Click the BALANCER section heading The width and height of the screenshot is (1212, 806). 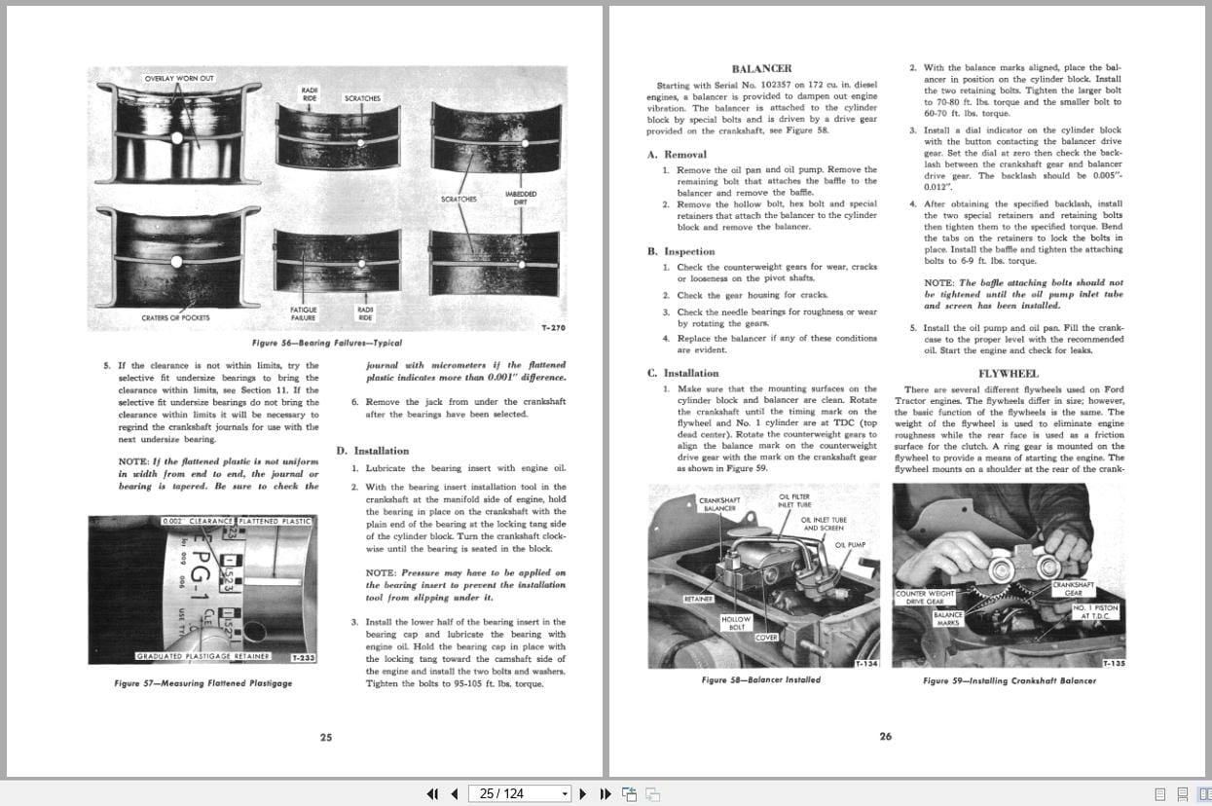coord(761,68)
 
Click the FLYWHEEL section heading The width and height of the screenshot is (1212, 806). coord(1008,373)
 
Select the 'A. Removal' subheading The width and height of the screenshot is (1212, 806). coord(677,154)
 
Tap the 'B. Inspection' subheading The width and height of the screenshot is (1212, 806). coord(681,251)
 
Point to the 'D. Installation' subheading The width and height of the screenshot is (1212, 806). coord(373,451)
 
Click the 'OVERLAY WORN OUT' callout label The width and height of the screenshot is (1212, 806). coord(179,78)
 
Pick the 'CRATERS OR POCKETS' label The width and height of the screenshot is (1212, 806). coord(175,317)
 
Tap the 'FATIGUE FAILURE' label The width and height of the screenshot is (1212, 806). coord(304,313)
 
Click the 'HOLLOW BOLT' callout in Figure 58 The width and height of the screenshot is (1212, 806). coord(736,623)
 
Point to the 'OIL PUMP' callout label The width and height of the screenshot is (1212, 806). coord(849,544)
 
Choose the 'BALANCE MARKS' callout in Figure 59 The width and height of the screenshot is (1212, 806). coord(947,618)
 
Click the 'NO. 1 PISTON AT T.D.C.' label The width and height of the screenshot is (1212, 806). coord(1095,612)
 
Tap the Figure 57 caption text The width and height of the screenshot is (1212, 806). coord(202,683)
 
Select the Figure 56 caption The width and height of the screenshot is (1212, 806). coord(325,343)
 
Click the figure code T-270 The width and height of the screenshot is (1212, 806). coord(552,328)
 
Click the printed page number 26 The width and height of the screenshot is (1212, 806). coord(885,737)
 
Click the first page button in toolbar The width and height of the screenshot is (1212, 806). coord(432,793)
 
